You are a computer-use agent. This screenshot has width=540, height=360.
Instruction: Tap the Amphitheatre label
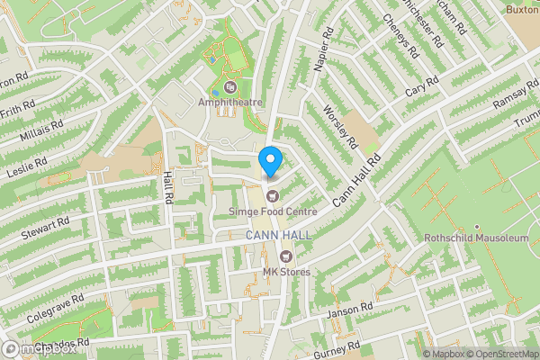click(x=230, y=103)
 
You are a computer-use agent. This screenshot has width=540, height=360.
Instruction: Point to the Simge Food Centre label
click(x=273, y=211)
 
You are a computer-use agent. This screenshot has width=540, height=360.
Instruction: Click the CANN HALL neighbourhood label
click(x=278, y=235)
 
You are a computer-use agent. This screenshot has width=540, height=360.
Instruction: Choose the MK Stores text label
click(x=286, y=273)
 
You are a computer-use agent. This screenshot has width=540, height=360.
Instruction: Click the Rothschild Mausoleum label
click(x=475, y=239)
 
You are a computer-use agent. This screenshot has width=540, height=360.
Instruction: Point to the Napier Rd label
click(x=326, y=57)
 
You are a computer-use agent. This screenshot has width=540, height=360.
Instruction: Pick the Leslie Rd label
click(x=25, y=166)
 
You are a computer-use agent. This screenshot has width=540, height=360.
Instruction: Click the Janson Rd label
click(x=350, y=311)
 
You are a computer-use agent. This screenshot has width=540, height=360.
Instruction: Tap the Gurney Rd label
click(x=337, y=351)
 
